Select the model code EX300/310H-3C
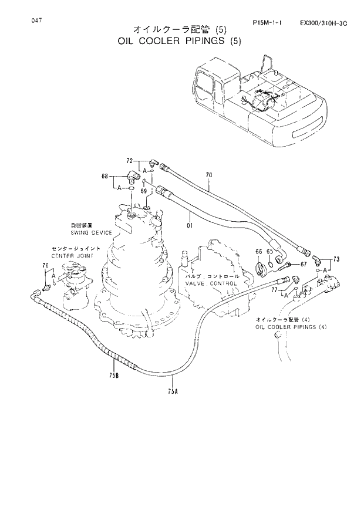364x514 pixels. coord(323,23)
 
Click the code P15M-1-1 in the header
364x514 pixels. coord(267,23)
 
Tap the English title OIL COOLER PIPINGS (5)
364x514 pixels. coord(179,41)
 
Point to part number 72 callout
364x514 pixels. coord(130,160)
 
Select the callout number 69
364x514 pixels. coord(142,192)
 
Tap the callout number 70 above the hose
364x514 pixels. coord(209,175)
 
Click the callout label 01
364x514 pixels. coord(190,224)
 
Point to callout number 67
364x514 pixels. coord(304,264)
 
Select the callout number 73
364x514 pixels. coord(336,259)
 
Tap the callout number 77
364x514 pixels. coord(274,289)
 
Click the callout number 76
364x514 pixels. coord(45,267)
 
